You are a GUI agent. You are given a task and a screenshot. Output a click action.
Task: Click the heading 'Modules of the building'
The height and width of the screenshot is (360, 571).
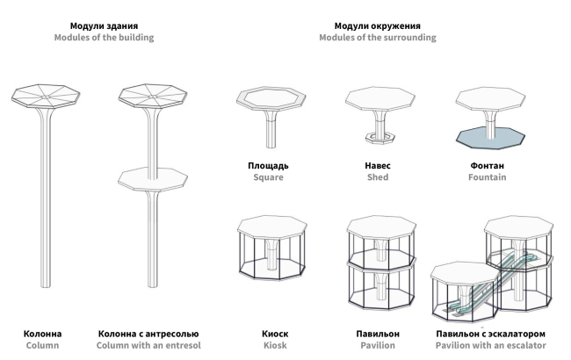pyautogui.click(x=104, y=38)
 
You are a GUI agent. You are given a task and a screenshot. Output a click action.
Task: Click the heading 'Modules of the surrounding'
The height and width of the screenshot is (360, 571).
pyautogui.click(x=377, y=38)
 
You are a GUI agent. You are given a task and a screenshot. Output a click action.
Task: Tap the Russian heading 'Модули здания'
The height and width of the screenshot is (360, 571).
pyautogui.click(x=104, y=25)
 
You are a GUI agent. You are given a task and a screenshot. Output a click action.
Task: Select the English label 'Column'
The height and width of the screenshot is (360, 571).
pyautogui.click(x=42, y=346)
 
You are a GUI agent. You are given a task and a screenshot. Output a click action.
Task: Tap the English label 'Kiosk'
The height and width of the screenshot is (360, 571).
pyautogui.click(x=275, y=346)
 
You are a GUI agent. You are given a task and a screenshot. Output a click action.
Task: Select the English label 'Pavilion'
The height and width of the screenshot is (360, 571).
pyautogui.click(x=378, y=346)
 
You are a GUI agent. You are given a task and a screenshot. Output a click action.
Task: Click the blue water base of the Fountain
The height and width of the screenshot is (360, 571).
pyautogui.click(x=489, y=138)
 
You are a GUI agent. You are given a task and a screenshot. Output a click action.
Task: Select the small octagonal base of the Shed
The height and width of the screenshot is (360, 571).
pyautogui.click(x=379, y=139)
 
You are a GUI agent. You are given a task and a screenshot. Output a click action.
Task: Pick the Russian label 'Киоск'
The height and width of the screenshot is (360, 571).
pyautogui.click(x=275, y=334)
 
